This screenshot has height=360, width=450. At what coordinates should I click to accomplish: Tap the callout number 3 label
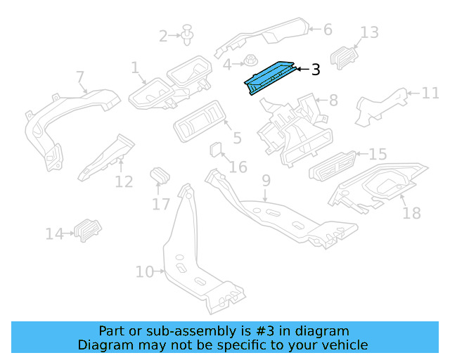[316, 70]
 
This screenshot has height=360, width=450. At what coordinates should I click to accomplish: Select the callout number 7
[79, 76]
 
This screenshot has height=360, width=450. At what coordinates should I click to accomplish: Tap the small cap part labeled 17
[160, 174]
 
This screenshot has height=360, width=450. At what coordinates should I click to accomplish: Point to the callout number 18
[411, 212]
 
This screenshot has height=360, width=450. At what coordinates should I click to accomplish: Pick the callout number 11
[430, 93]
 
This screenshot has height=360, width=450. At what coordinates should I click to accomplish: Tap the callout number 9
[266, 181]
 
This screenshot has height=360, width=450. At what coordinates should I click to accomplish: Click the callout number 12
[124, 182]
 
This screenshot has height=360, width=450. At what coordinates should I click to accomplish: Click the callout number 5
[237, 138]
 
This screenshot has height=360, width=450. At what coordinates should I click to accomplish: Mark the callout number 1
[134, 67]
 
